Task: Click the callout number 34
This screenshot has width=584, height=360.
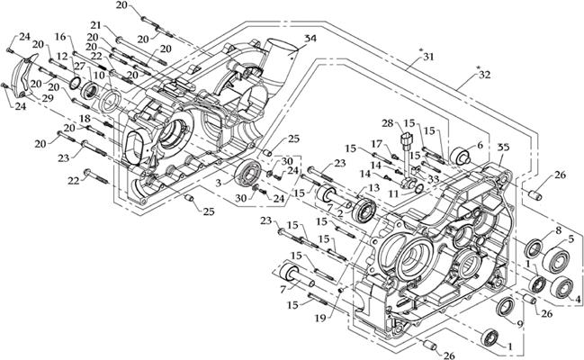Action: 310,38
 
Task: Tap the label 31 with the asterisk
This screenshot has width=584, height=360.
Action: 427,57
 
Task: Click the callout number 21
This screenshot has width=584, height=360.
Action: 121,25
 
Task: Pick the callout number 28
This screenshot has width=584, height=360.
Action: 386,123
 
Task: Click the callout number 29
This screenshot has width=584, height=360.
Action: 46,96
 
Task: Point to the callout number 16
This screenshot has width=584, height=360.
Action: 60,37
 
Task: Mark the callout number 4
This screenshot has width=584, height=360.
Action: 577,299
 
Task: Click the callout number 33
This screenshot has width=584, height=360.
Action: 433,179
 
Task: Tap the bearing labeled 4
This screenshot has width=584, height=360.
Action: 564,287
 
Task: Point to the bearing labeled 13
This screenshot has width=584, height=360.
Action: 365,211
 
